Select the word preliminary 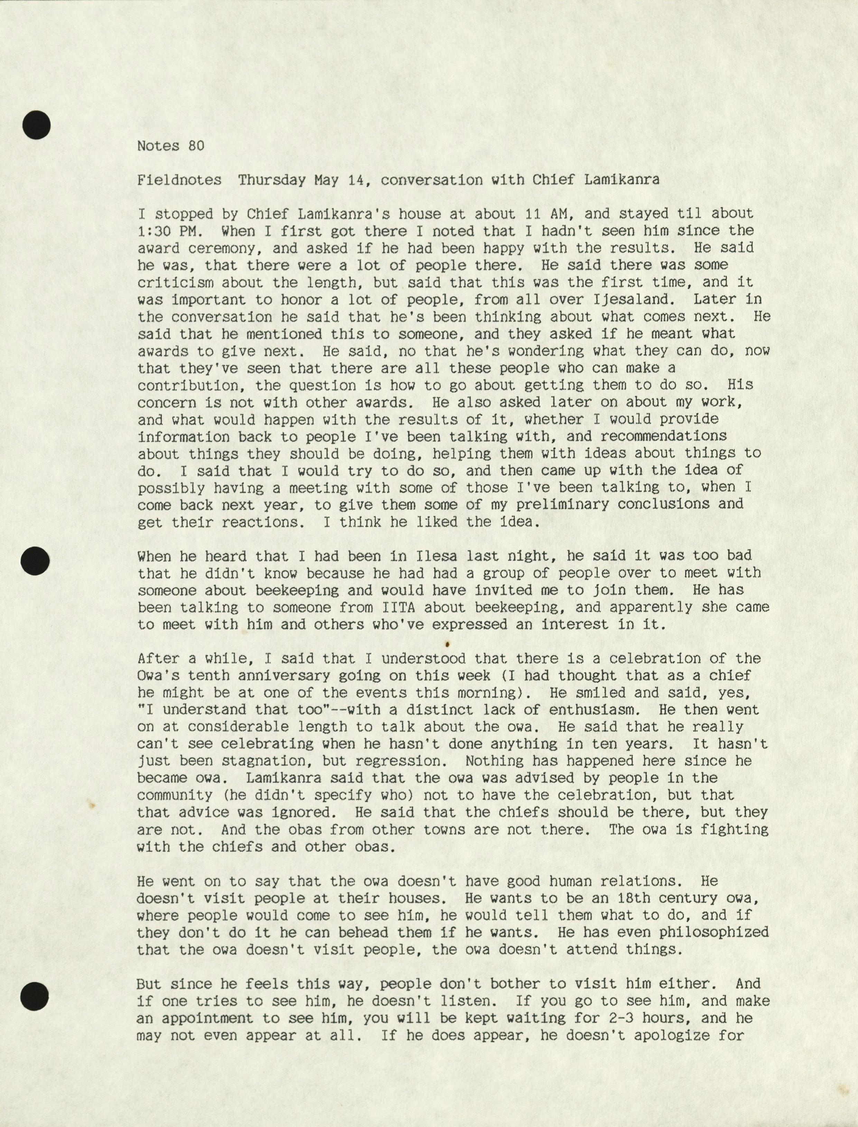coord(562,504)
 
